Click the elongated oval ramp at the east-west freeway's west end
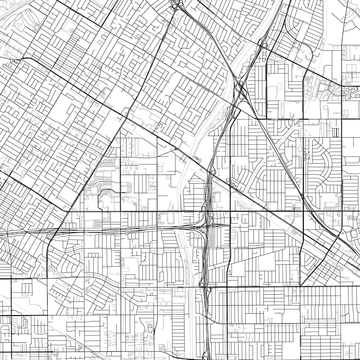click(50, 236)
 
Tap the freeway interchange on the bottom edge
click(207, 355)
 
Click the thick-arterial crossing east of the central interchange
click(230, 211)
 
